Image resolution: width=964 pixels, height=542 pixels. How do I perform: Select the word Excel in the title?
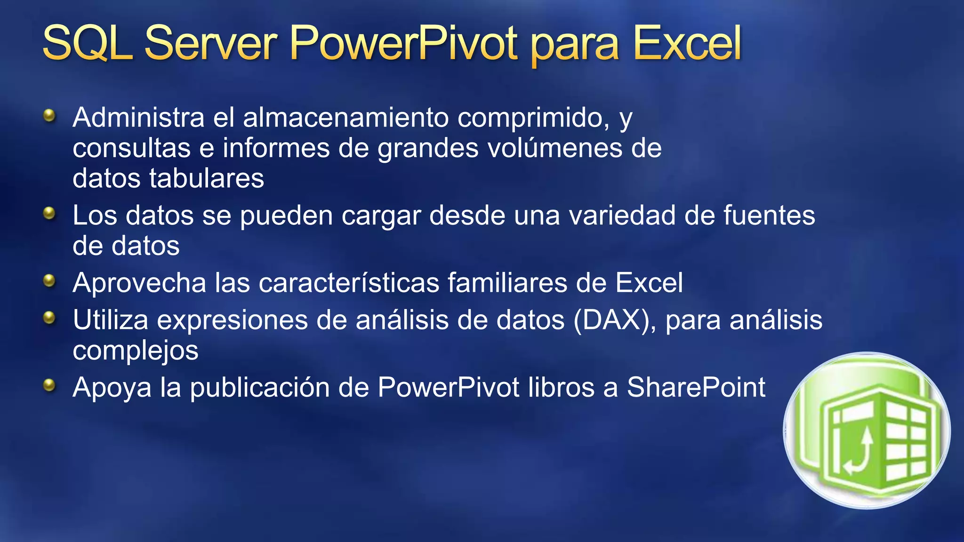(687, 43)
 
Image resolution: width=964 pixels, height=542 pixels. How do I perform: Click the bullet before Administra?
(49, 115)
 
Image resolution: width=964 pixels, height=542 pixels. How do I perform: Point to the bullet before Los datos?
(49, 214)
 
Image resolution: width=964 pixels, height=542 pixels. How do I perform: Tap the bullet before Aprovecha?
(49, 281)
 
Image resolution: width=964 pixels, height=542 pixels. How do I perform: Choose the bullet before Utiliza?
(49, 319)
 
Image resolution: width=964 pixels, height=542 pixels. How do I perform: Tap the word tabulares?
(207, 178)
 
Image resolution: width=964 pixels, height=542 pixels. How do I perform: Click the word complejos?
(136, 351)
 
